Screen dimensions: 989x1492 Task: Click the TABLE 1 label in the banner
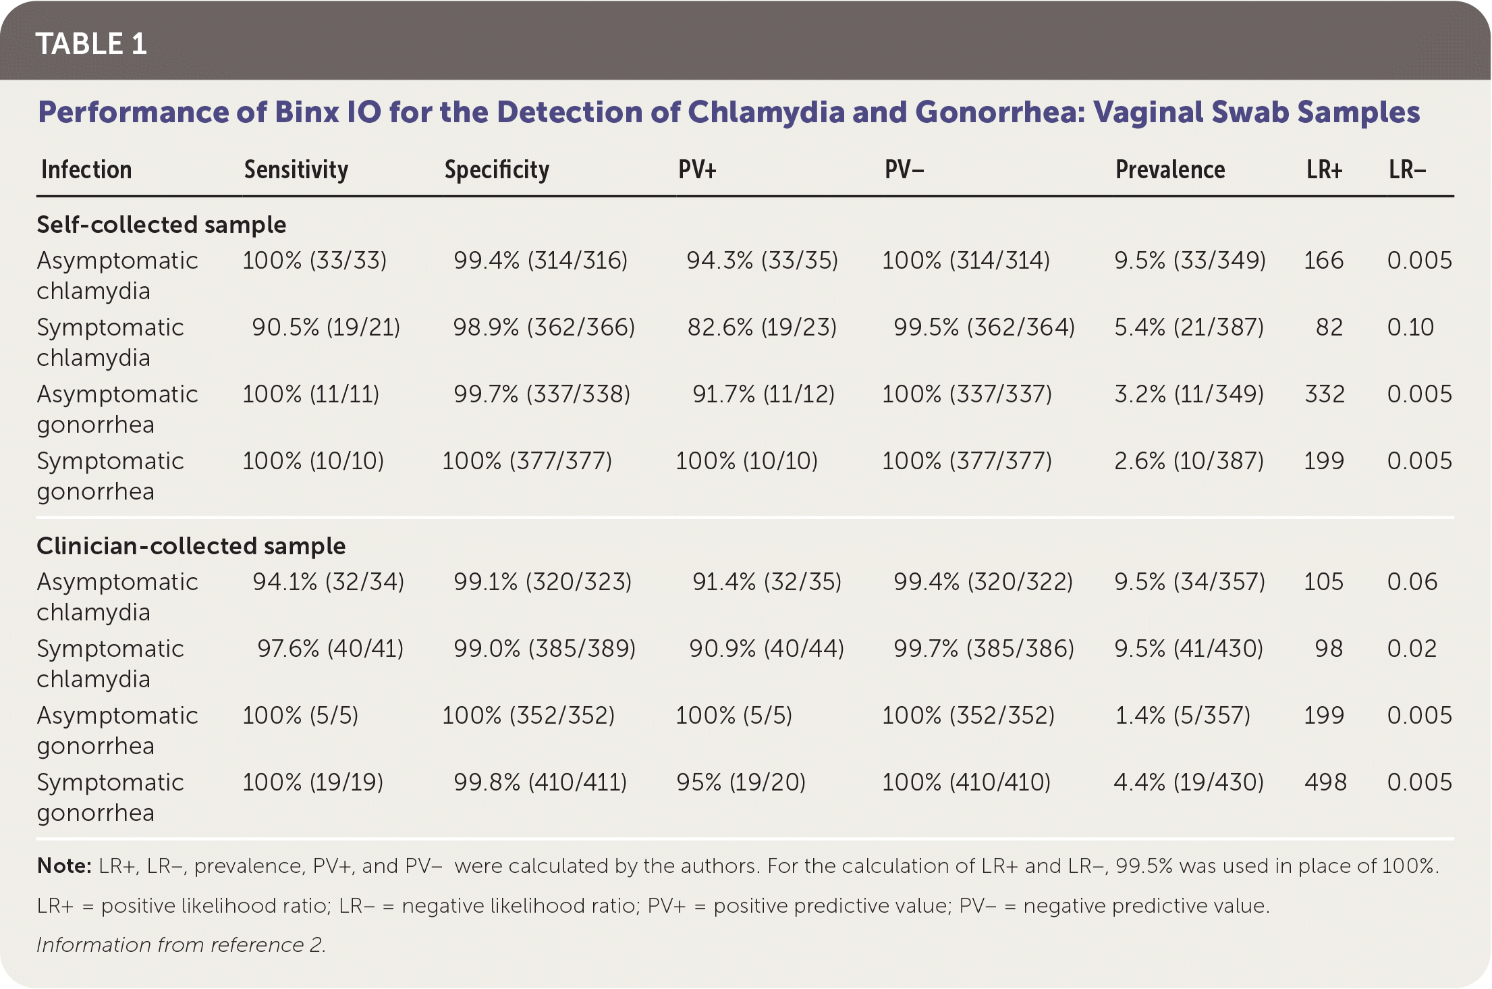click(x=91, y=44)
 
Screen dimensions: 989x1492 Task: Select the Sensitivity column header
click(x=296, y=169)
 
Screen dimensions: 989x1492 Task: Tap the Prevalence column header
click(x=1169, y=169)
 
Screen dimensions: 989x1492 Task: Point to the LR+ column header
click(x=1324, y=169)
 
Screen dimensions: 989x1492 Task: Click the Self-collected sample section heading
click(x=161, y=224)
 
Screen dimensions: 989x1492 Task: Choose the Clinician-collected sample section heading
click(x=191, y=545)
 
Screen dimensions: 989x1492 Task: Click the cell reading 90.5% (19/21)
click(x=326, y=327)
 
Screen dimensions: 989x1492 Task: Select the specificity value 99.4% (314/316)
click(x=541, y=261)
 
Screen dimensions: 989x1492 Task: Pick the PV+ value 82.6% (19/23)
click(x=762, y=327)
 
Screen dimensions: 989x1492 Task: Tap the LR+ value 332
click(x=1325, y=394)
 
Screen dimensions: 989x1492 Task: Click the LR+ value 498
click(x=1325, y=782)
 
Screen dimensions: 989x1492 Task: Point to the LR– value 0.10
click(x=1410, y=327)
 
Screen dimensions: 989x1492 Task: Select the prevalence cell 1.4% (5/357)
click(x=1182, y=716)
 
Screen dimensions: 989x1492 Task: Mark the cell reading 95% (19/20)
click(x=741, y=782)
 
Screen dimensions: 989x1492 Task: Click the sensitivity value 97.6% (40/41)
click(x=330, y=649)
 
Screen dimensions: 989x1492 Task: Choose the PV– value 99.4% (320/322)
click(x=983, y=582)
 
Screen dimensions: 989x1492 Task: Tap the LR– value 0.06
click(x=1412, y=582)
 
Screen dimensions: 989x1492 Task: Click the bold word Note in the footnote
click(x=63, y=866)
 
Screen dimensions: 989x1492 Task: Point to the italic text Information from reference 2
click(x=181, y=944)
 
